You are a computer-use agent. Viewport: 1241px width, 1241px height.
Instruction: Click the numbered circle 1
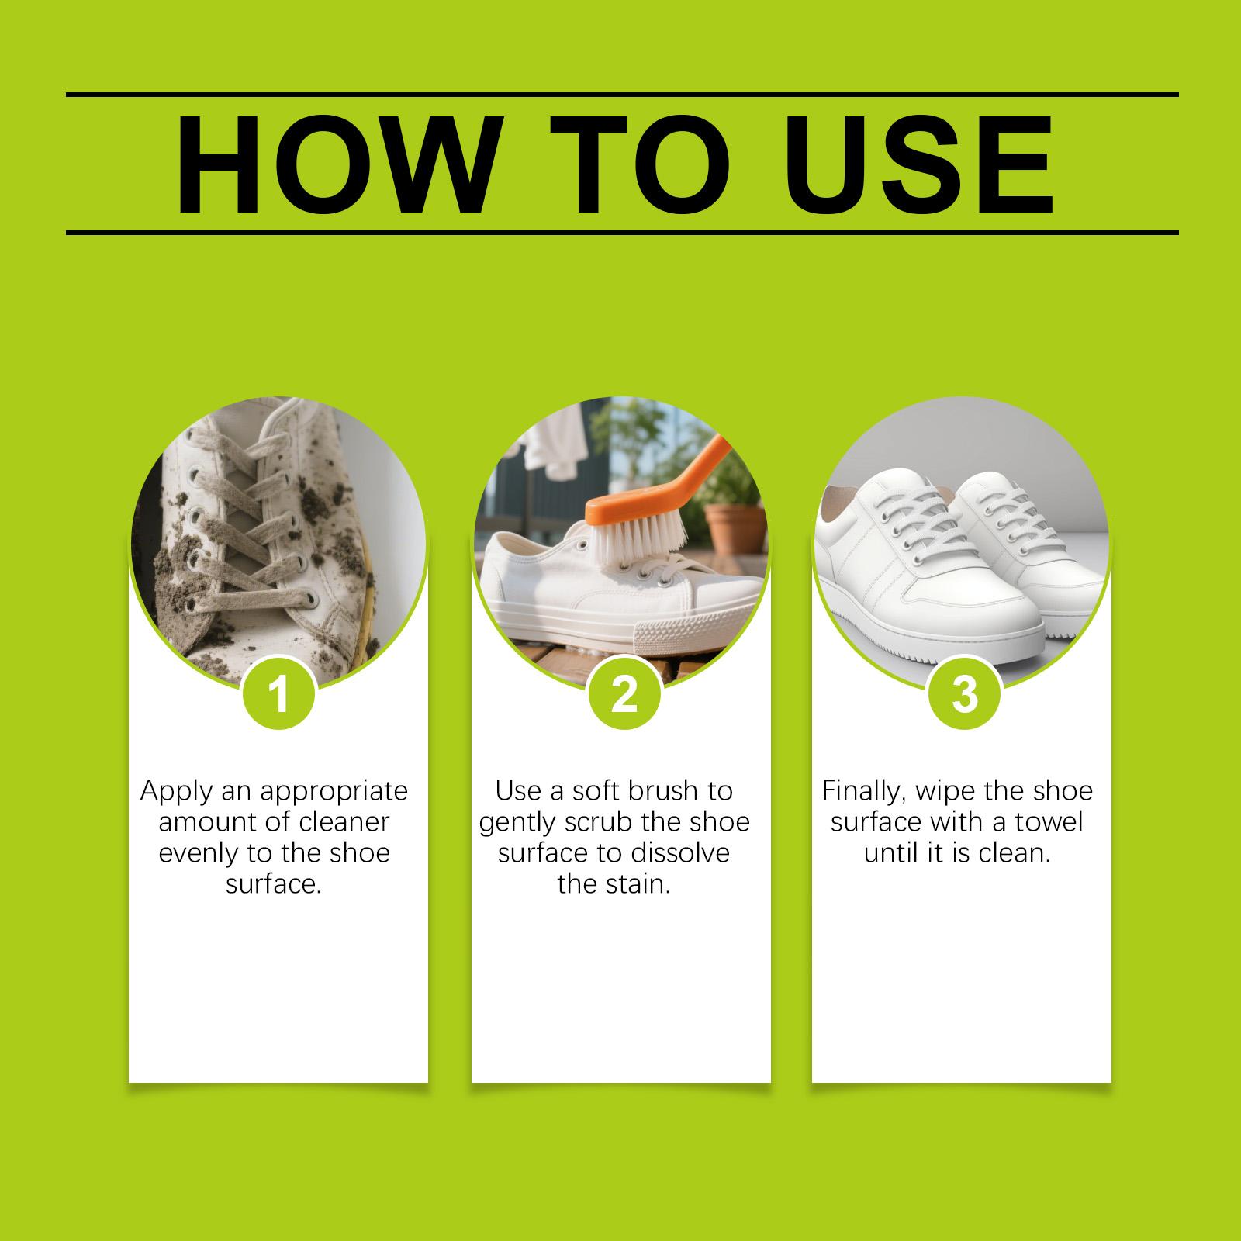pos(279,693)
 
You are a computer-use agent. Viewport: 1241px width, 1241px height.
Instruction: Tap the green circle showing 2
pos(624,693)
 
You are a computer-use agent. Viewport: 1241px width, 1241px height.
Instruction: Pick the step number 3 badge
pos(964,693)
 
